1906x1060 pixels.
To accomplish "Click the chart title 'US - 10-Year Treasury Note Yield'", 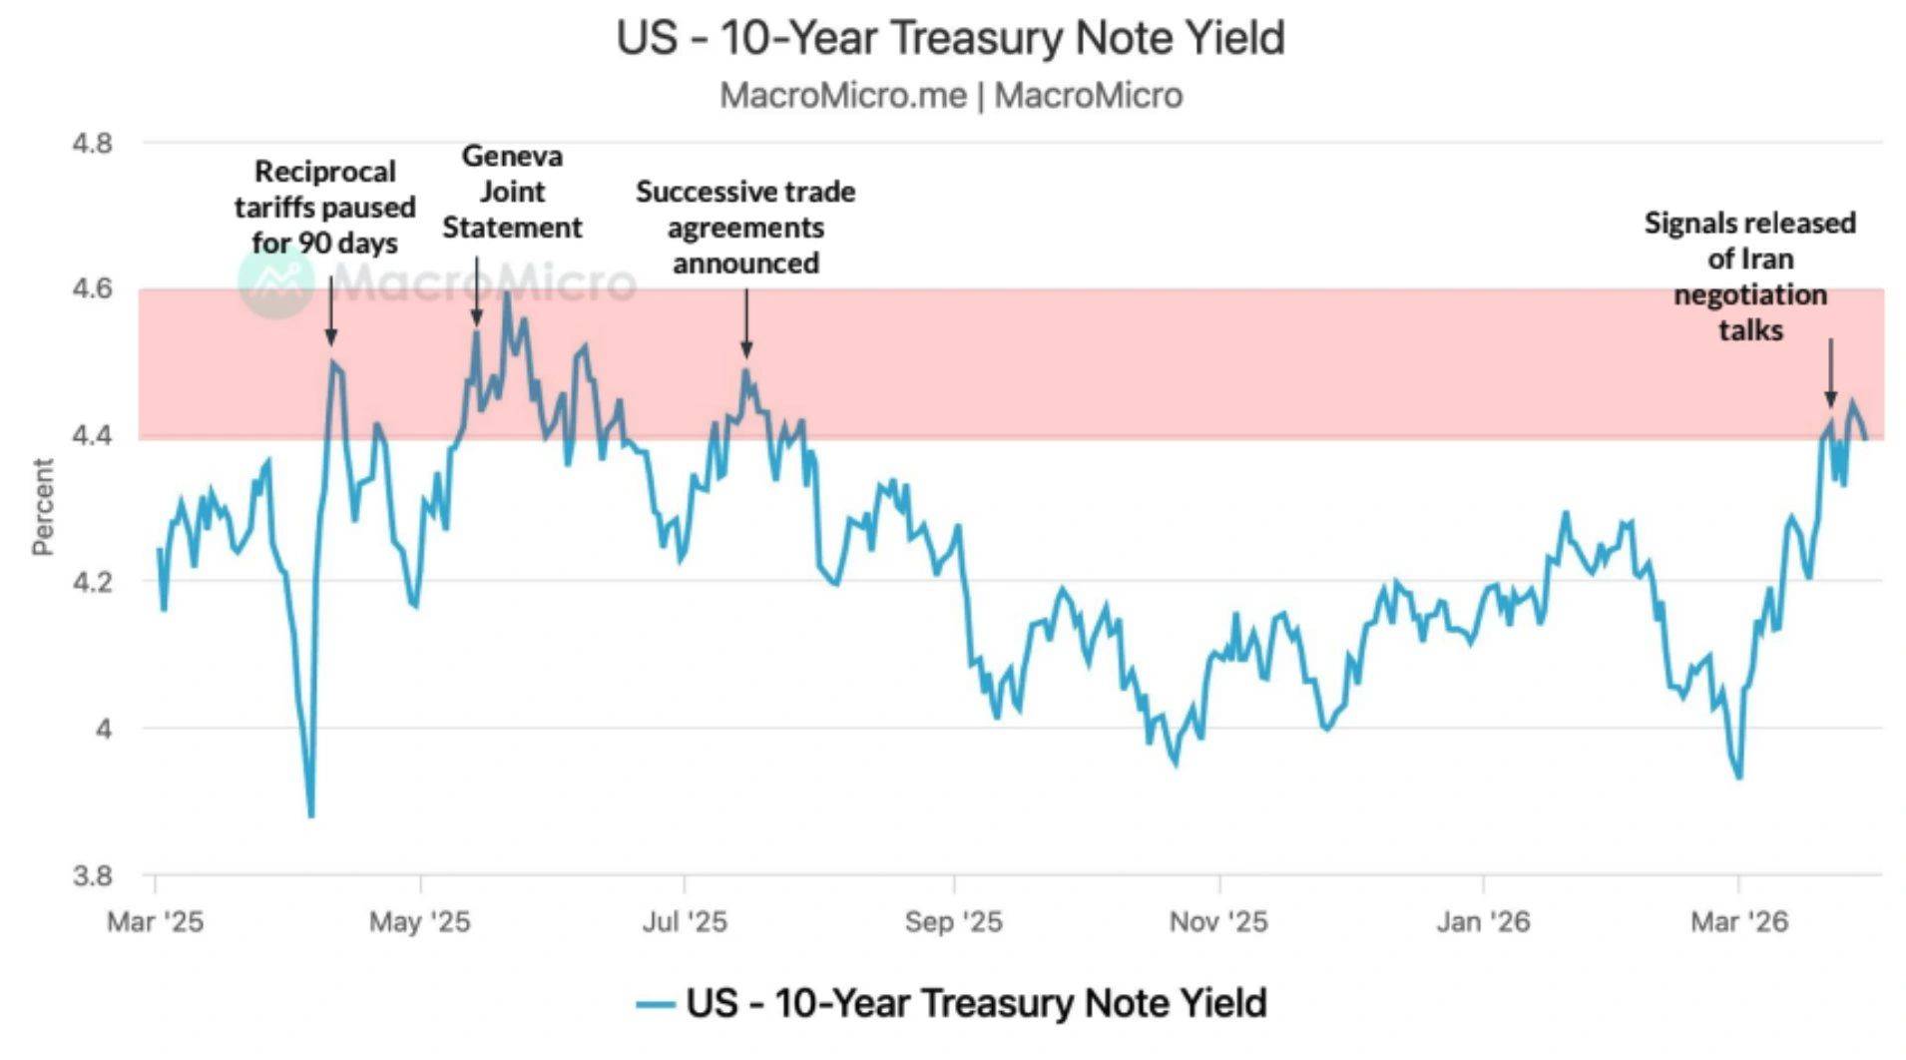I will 950,38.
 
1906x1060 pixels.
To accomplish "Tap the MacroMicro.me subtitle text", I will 950,96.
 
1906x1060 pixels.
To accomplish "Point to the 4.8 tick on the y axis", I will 92,144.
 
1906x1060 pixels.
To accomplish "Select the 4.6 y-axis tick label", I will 92,289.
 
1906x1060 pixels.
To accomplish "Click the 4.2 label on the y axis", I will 92,582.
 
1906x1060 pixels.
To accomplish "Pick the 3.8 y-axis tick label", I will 92,875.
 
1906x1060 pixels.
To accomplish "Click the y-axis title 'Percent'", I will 42,506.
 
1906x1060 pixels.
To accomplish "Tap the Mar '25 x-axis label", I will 155,921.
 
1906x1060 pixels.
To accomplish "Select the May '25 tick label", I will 419,921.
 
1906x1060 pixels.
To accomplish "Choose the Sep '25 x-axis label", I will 953,921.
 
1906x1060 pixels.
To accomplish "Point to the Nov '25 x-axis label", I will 1218,921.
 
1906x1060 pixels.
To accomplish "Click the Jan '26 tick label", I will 1483,921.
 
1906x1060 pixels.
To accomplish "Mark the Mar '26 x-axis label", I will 1739,921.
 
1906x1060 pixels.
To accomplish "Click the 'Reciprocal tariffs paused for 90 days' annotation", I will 324,208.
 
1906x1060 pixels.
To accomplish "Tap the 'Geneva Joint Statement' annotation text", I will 512,192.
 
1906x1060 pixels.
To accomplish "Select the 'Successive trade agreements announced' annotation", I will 745,228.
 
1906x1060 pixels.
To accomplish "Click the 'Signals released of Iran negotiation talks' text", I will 1750,276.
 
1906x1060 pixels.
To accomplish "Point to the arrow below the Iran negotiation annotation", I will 1830,373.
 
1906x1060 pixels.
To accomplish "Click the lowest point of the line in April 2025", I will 311,815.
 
